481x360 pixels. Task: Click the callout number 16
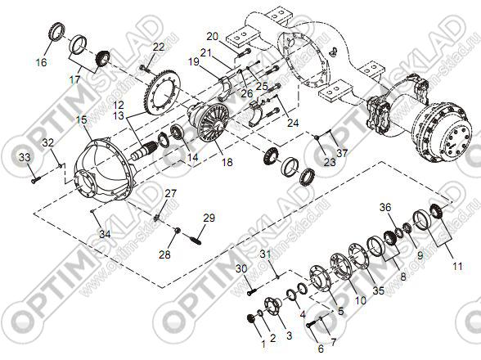tap(41, 62)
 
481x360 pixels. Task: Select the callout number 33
tap(25, 157)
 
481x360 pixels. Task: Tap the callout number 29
tap(209, 218)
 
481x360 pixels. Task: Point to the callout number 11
tap(457, 266)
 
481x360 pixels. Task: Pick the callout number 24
tap(293, 123)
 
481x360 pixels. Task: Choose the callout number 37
tap(342, 152)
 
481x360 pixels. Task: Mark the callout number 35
tap(379, 290)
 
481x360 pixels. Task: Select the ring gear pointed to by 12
tap(160, 91)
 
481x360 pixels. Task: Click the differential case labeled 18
tap(209, 122)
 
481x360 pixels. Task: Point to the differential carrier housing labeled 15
tap(104, 169)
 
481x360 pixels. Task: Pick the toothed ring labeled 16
tap(56, 31)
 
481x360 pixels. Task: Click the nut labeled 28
tap(177, 230)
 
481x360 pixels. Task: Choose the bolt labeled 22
tap(144, 69)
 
